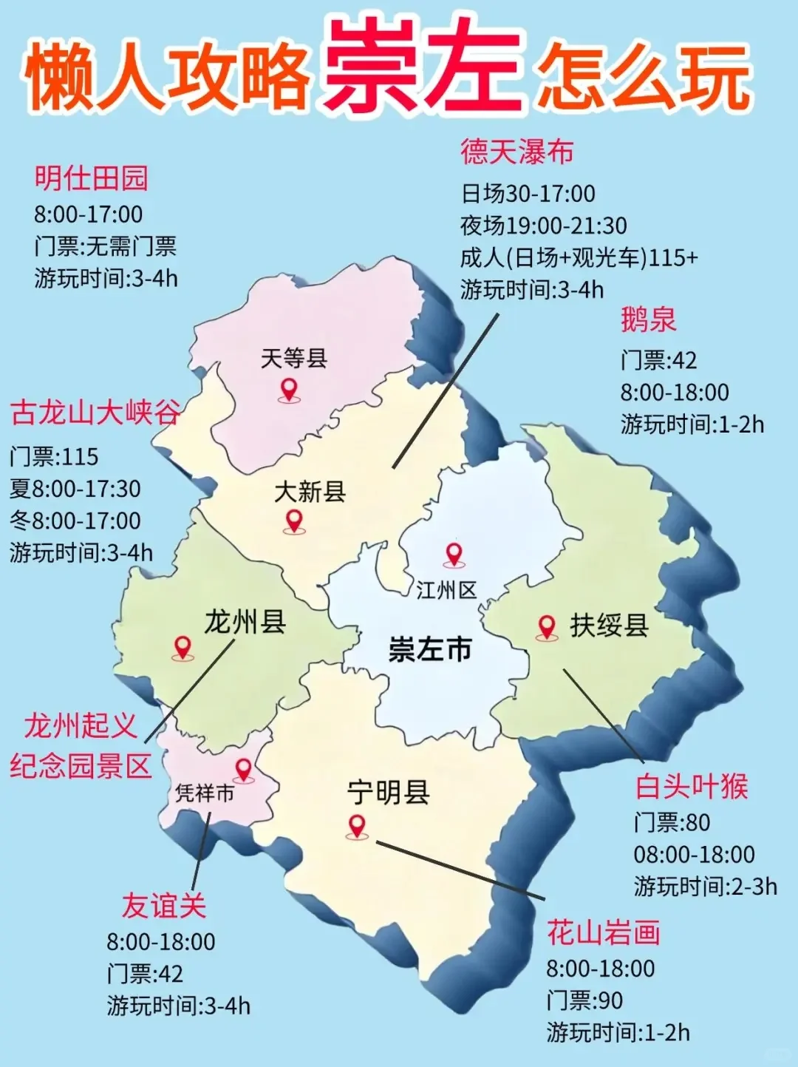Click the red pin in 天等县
point(288,389)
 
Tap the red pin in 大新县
point(294,521)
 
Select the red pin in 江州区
point(453,555)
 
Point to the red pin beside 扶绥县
point(547,628)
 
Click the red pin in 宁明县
point(357,826)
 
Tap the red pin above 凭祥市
point(243,770)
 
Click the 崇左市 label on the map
point(430,649)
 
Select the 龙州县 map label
point(245,622)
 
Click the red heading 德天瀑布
point(517,152)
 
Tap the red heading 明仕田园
point(92,178)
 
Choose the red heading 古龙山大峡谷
point(95,413)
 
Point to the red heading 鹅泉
point(648,320)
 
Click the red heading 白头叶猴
point(692,787)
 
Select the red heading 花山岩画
point(603,932)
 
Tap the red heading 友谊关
point(164,906)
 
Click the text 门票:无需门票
point(105,246)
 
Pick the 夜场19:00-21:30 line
point(543,226)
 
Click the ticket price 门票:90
point(584,1000)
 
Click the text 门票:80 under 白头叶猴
point(672,822)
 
